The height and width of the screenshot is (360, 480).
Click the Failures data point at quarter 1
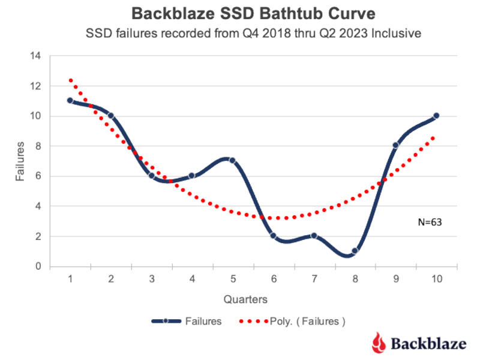[x=70, y=101]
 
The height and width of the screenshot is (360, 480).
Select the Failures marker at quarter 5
[x=232, y=161]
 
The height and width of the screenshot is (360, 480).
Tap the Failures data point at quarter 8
[x=355, y=251]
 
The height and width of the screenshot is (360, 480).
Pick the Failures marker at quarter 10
[x=436, y=116]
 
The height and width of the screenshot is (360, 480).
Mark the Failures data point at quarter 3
[x=151, y=176]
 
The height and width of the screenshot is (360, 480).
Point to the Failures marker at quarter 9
[x=395, y=146]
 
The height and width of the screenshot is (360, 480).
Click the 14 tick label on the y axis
[x=35, y=56]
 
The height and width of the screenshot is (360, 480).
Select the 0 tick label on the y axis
[x=38, y=266]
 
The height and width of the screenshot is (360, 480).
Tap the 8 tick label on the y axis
[x=38, y=146]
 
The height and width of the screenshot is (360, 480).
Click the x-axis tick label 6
[x=274, y=279]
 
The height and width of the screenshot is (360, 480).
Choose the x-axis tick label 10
[x=436, y=279]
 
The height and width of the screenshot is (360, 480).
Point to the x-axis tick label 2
[x=111, y=279]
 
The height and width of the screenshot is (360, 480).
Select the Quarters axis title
[x=246, y=298]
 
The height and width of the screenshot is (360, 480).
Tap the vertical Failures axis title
[x=19, y=161]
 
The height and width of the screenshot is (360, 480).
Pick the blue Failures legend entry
[x=186, y=321]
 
